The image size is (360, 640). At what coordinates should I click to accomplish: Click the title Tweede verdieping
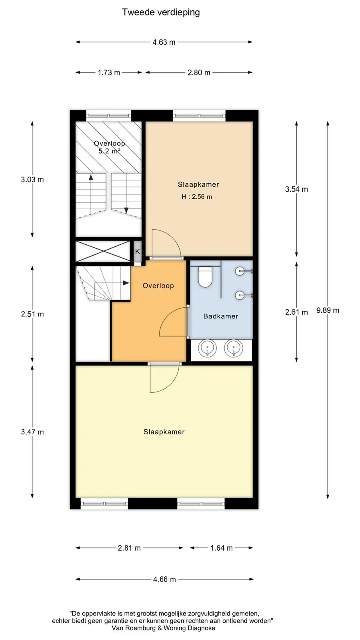(161, 12)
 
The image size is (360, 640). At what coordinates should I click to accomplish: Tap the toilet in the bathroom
(205, 277)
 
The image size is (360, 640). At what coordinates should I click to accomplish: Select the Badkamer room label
(221, 316)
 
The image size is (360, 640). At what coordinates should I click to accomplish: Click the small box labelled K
(138, 252)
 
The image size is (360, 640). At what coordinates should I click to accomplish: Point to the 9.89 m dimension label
(328, 310)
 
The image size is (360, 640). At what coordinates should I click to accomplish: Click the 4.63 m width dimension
(164, 42)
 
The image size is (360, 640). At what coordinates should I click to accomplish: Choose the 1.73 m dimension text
(109, 72)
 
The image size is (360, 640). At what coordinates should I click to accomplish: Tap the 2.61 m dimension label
(296, 312)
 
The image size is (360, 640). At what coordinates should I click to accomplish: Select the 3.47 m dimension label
(32, 432)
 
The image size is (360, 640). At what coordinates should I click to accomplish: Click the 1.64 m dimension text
(222, 548)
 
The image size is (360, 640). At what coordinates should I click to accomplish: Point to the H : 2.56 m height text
(197, 196)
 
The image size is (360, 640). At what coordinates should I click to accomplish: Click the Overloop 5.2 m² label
(110, 147)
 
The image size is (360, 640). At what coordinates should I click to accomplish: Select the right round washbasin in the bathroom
(234, 348)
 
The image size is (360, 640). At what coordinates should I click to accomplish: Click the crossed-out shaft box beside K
(103, 252)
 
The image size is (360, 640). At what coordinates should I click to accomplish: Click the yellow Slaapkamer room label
(164, 432)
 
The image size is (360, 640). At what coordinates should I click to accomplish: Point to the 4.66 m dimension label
(164, 580)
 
